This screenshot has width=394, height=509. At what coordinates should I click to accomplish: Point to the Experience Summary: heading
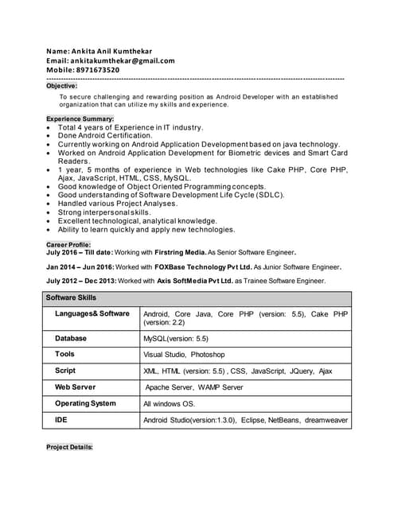point(80,119)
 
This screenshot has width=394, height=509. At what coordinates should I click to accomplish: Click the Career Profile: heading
point(68,244)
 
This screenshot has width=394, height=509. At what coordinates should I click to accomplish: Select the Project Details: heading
point(70,448)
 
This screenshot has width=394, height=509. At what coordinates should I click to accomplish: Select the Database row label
point(71,338)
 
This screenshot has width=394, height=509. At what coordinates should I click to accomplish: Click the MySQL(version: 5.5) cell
point(176,339)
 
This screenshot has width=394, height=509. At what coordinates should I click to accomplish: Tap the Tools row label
point(65,354)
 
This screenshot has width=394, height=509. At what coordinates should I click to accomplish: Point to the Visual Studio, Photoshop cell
point(184,355)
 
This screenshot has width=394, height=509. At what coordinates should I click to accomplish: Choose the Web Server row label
point(75,387)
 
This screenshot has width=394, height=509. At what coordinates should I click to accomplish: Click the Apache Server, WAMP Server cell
point(194,387)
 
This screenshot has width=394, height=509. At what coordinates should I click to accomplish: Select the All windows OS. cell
point(170,404)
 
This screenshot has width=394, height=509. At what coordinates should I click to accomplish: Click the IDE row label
point(61,419)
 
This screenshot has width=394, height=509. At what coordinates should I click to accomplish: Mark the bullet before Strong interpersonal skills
point(51,213)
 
